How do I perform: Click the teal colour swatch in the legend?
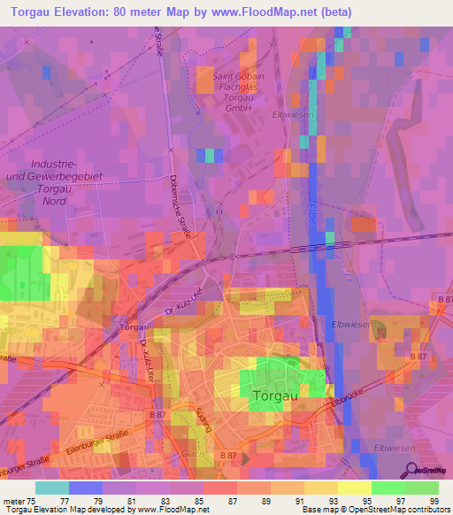click(x=51, y=488)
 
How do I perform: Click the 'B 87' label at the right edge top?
click(x=441, y=302)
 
